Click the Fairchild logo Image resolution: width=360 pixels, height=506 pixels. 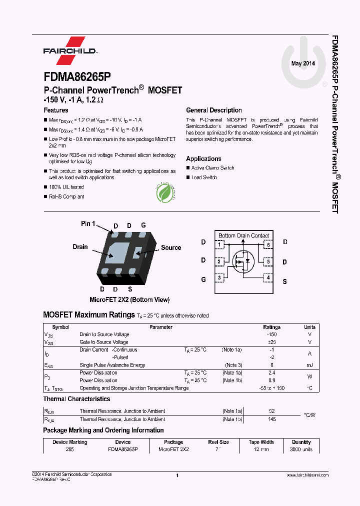tap(69, 50)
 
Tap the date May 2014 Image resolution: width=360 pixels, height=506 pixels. tap(303, 63)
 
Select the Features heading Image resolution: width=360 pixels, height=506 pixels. tap(56, 110)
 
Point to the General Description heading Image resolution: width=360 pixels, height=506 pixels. tap(213, 110)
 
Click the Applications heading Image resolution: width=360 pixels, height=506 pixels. tap(203, 158)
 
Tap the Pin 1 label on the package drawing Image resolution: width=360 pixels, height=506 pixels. tap(88, 223)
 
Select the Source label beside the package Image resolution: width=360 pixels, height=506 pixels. tap(170, 247)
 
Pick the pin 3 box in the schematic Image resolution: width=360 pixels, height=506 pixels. tap(219, 277)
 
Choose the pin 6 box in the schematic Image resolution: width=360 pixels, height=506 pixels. tap(268, 244)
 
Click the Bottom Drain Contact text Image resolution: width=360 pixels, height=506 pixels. tap(243, 235)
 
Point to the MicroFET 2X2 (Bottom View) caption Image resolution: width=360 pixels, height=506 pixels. tap(129, 299)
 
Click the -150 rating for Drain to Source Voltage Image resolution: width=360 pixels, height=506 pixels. tap(271, 334)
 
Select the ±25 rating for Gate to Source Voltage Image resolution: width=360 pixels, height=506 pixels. tap(271, 342)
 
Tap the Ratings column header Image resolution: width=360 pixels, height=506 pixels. tap(271, 327)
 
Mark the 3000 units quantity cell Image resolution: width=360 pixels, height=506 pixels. tap(301, 449)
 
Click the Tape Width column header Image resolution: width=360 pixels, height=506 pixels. tap(261, 442)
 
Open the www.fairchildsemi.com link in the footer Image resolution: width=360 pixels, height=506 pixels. tap(307, 475)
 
